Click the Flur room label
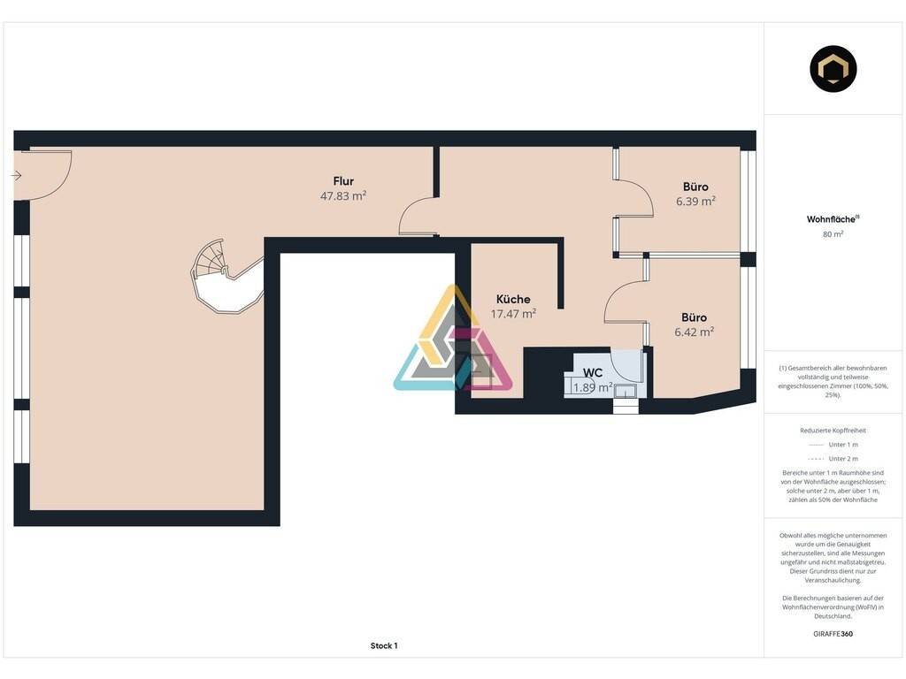pos(343,181)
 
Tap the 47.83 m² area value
pos(343,195)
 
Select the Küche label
pos(513,299)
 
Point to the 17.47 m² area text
pos(513,314)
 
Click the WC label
pos(593,373)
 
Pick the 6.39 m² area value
pos(695,201)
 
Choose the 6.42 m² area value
pos(694,332)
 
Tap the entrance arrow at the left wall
pos(17,176)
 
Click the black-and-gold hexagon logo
pos(833,69)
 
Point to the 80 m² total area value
pos(833,233)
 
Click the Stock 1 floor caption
pos(384,645)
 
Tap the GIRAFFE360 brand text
pos(833,633)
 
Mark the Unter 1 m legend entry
pos(833,445)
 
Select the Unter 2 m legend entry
pos(833,459)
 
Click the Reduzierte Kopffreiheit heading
pos(833,431)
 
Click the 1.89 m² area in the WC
pos(593,387)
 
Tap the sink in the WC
pos(626,391)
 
